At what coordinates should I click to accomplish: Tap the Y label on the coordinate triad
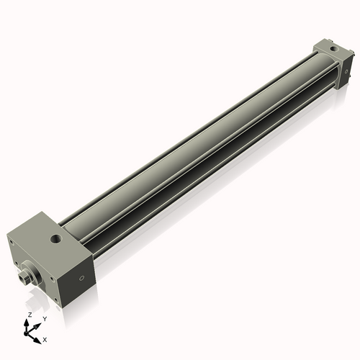[x=44, y=319]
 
